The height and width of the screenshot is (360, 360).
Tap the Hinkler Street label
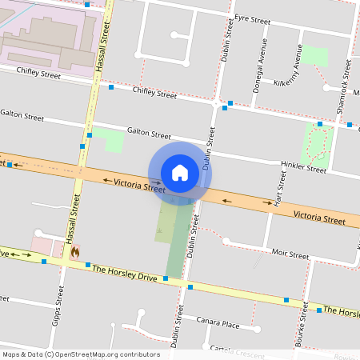click(x=304, y=169)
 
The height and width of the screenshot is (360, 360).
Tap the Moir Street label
click(x=290, y=254)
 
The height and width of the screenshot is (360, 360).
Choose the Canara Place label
click(x=220, y=325)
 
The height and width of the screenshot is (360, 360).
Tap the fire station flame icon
click(x=75, y=251)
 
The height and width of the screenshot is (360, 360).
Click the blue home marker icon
click(x=180, y=173)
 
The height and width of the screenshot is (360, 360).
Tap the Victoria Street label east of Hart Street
click(x=319, y=217)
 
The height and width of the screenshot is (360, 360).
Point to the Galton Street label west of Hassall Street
click(x=22, y=116)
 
